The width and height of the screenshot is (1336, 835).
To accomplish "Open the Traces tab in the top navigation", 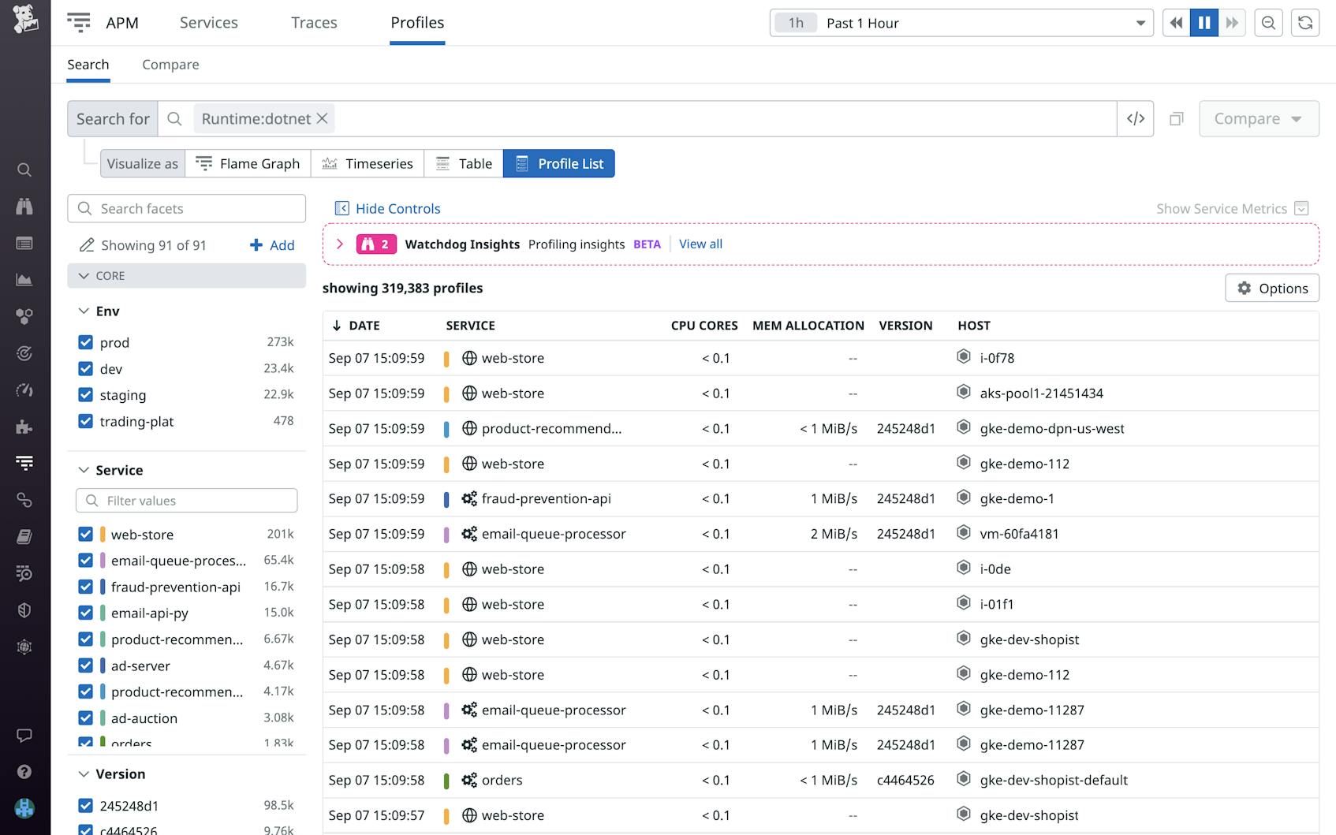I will (314, 23).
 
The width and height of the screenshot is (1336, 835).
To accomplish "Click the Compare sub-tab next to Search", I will (170, 65).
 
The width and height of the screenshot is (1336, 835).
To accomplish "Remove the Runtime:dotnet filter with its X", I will (323, 119).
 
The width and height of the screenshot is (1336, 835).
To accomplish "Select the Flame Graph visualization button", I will (248, 164).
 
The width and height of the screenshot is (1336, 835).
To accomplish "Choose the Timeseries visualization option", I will (368, 164).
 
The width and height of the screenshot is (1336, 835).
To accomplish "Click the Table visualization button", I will (464, 164).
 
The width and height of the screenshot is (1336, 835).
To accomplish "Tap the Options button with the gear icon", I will (1271, 289).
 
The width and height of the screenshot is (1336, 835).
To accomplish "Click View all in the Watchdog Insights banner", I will (700, 244).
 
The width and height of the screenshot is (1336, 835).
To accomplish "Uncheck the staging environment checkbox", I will (86, 395).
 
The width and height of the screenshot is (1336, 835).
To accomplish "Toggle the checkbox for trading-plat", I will (86, 421).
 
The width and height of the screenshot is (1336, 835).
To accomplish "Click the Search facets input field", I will (187, 209).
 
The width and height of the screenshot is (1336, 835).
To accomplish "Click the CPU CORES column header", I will (703, 326).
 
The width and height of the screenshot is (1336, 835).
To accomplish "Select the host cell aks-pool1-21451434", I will (1041, 393).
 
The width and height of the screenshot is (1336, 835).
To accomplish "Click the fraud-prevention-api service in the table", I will (546, 499).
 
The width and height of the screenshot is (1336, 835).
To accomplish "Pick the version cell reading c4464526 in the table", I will (905, 781).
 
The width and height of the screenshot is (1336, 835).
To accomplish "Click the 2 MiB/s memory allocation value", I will (834, 534).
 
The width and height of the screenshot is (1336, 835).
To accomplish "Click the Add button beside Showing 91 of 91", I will (272, 245).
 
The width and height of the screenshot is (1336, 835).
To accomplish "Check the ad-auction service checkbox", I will (86, 718).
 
